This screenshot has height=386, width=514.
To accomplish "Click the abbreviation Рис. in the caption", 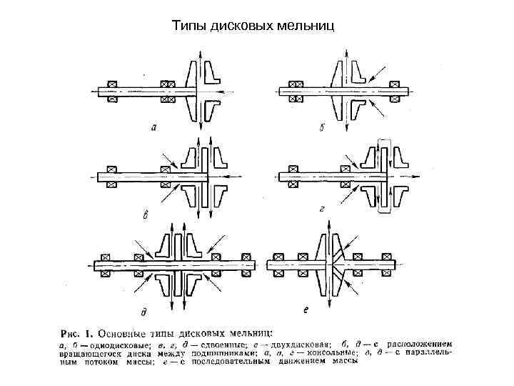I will point(69,332).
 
